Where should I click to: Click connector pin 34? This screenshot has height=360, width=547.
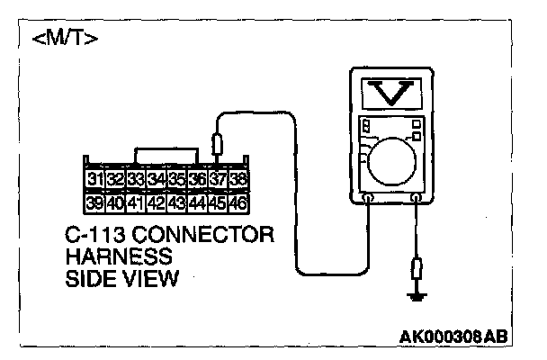[157, 180]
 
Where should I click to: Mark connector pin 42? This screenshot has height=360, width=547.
[157, 202]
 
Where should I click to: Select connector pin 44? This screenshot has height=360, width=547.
[197, 202]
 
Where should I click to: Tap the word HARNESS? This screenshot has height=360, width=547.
[108, 257]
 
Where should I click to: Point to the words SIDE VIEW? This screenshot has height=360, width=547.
[121, 278]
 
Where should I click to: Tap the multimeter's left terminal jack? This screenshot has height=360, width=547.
[368, 195]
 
